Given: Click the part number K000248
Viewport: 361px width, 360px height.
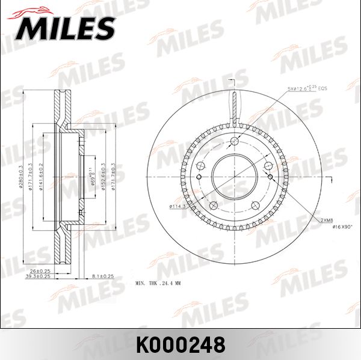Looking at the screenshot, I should pyautogui.click(x=180, y=344).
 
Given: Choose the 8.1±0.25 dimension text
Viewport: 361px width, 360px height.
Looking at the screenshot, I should pyautogui.click(x=103, y=276).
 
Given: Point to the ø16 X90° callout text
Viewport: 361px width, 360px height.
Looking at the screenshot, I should pyautogui.click(x=337, y=227).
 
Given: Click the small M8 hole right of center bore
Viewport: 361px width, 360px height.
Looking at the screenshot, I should pyautogui.click(x=270, y=176).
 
